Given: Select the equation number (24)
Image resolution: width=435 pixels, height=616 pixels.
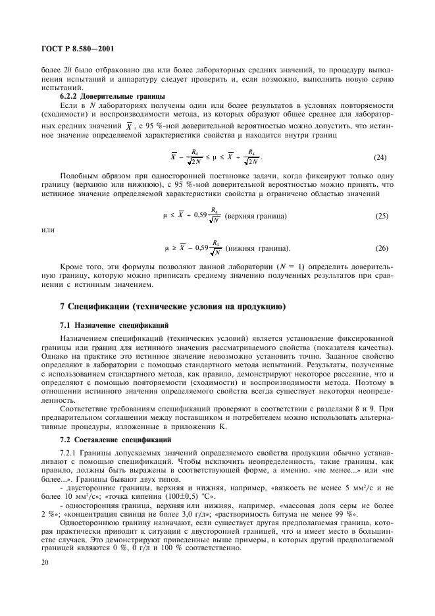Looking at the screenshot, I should point(380,159).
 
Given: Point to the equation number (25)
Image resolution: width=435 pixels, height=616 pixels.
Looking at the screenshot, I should point(380,217).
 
